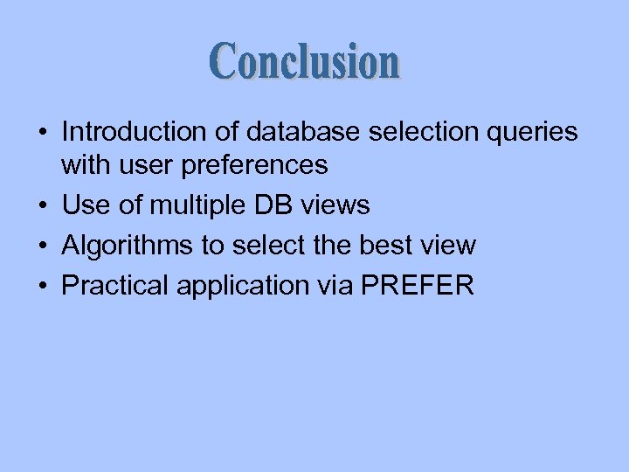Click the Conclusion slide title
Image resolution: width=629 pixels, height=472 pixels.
[x=305, y=62]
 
